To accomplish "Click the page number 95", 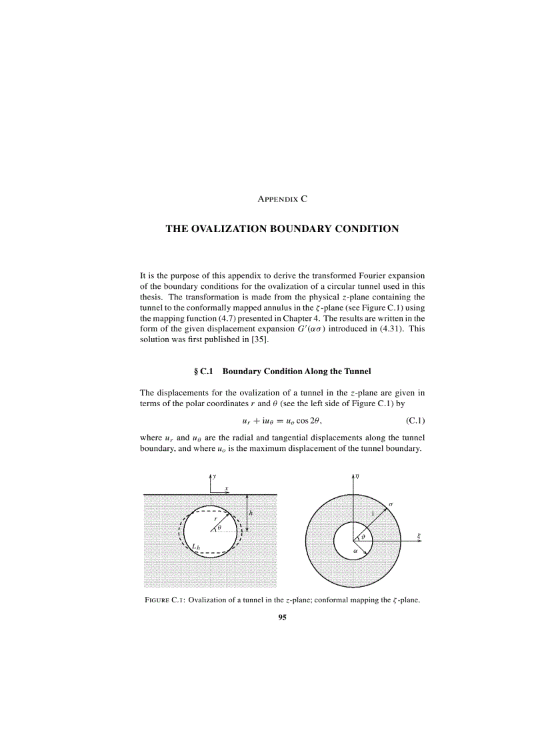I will pos(282,618).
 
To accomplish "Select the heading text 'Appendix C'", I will pos(282,199).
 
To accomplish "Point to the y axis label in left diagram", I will pos(214,476).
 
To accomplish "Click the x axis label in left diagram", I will pos(227,488).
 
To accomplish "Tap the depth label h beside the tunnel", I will pos(251,513).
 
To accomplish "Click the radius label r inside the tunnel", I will pos(215,518).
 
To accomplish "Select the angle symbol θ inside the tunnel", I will pos(219,527).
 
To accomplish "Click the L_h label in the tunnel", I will pos(196,548).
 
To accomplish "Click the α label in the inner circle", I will pos(355,552).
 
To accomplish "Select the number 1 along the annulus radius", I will pos(373,514).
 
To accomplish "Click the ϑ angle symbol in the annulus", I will pos(363,536).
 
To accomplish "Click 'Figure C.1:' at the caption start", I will pos(165,600).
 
